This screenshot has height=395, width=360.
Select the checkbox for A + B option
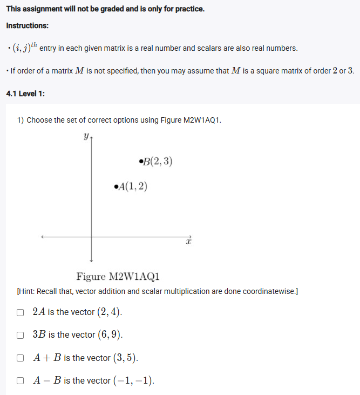coord(20,358)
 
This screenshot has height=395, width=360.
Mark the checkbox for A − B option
coord(20,381)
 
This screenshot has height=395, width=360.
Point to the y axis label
coord(86,137)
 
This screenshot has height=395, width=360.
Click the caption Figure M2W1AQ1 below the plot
coord(118,277)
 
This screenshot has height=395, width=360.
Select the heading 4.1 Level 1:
coord(25,93)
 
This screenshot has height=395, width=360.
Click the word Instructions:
coord(27,26)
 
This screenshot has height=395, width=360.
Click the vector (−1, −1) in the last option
coord(133,381)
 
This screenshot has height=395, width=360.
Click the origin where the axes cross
coord(91,236)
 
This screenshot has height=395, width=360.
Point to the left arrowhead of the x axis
coord(42,236)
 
